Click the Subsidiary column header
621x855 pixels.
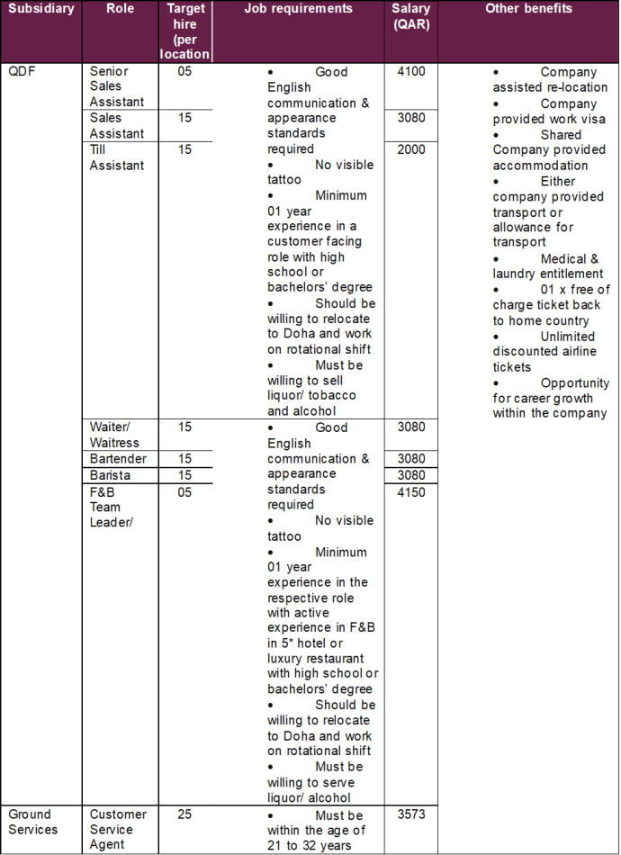(40, 9)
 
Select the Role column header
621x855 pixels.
(120, 9)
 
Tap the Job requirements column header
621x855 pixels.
(298, 9)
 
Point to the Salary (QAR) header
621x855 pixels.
(410, 16)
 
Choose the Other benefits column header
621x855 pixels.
(528, 9)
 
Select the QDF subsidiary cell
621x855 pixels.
(22, 72)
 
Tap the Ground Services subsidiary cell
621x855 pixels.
(33, 822)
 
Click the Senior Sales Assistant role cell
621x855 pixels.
(110, 86)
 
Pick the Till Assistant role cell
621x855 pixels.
(117, 157)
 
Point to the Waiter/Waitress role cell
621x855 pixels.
(114, 435)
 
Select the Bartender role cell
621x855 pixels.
(118, 459)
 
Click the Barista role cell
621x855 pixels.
(110, 475)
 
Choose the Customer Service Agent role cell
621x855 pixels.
(118, 829)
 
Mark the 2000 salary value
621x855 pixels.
(410, 149)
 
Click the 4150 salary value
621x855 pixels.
(410, 492)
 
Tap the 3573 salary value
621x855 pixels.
(410, 814)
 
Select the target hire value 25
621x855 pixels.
(184, 814)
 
